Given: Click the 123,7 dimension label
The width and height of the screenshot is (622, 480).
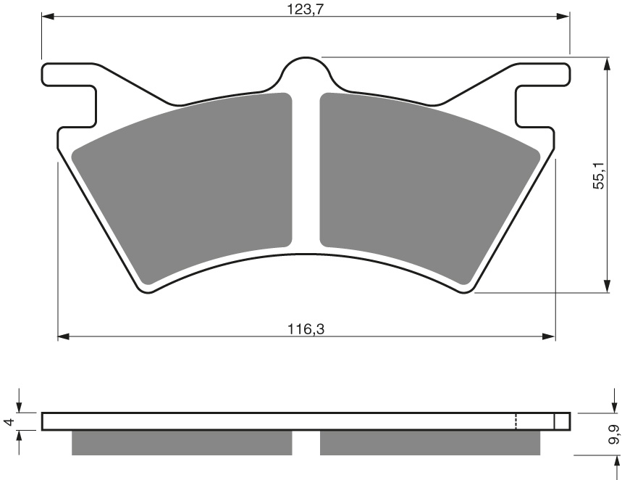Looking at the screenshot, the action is (x=306, y=9).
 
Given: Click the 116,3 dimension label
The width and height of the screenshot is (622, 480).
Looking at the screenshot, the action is (x=306, y=328).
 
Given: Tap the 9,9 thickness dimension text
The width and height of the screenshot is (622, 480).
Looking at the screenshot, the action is (x=615, y=434).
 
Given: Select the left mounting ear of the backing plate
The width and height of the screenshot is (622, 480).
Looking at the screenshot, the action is (x=70, y=96).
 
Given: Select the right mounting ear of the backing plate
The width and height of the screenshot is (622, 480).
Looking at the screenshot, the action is (x=542, y=96).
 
